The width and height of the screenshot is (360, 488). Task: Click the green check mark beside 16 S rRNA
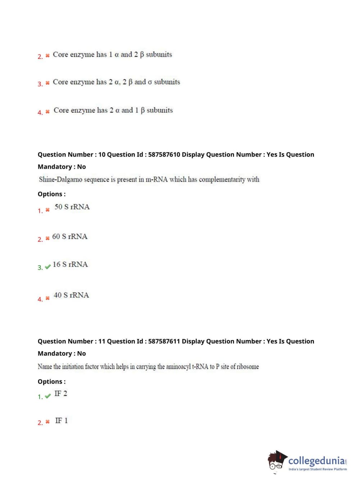pos(47,267)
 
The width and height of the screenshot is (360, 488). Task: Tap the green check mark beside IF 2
pos(47,396)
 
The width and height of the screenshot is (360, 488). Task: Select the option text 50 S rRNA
pos(72,207)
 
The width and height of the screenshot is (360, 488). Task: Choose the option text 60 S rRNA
pos(70,236)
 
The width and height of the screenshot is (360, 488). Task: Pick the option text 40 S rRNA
pos(71,295)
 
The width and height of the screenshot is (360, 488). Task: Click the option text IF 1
pos(61,420)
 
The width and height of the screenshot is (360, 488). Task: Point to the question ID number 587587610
pos(164,154)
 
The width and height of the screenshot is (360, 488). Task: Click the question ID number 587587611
pos(164,341)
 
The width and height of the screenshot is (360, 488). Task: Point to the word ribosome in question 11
pos(247,367)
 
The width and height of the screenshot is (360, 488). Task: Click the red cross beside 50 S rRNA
pos(47,210)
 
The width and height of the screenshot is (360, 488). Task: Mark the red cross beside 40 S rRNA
pos(47,298)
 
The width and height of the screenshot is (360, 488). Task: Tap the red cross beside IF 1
pos(47,422)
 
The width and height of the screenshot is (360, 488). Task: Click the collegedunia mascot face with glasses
pos(276,462)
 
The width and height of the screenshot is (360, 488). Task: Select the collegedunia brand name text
pos(316,461)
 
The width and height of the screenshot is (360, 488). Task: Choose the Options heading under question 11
pos(51,381)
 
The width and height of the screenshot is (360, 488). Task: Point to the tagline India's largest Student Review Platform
pos(318,469)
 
